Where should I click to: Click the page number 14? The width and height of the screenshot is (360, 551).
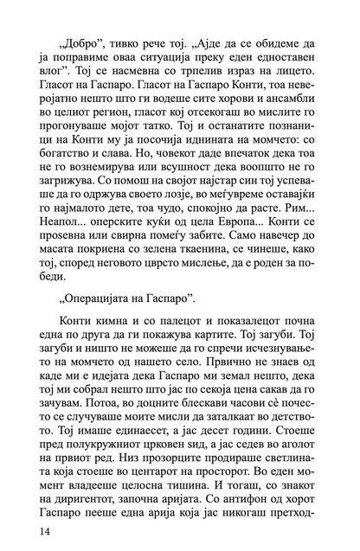20,528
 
